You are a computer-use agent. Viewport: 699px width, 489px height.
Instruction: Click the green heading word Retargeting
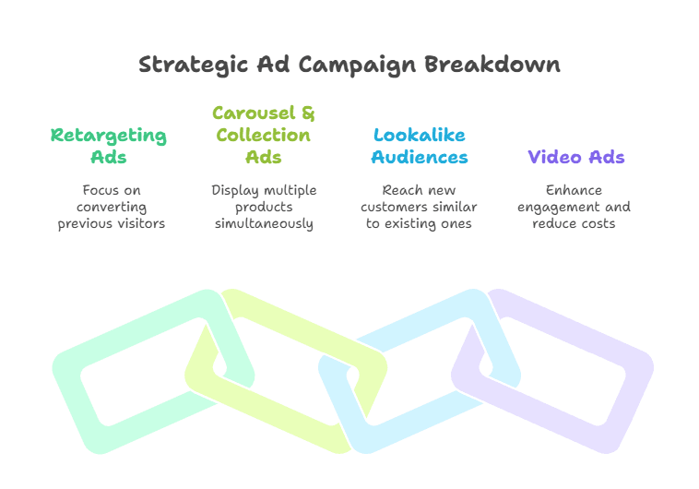click(x=109, y=136)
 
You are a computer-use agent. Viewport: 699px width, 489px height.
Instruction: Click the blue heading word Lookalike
click(x=420, y=135)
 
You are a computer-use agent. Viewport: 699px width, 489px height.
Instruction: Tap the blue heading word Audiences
click(x=420, y=157)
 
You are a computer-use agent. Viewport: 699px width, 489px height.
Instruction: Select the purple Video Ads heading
click(x=575, y=157)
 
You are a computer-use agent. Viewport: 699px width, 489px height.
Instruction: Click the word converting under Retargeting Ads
click(x=112, y=207)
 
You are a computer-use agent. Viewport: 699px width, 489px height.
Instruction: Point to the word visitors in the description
click(x=137, y=223)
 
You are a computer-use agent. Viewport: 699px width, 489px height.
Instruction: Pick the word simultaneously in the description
click(x=264, y=223)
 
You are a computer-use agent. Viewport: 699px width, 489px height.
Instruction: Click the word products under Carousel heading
click(x=264, y=207)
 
